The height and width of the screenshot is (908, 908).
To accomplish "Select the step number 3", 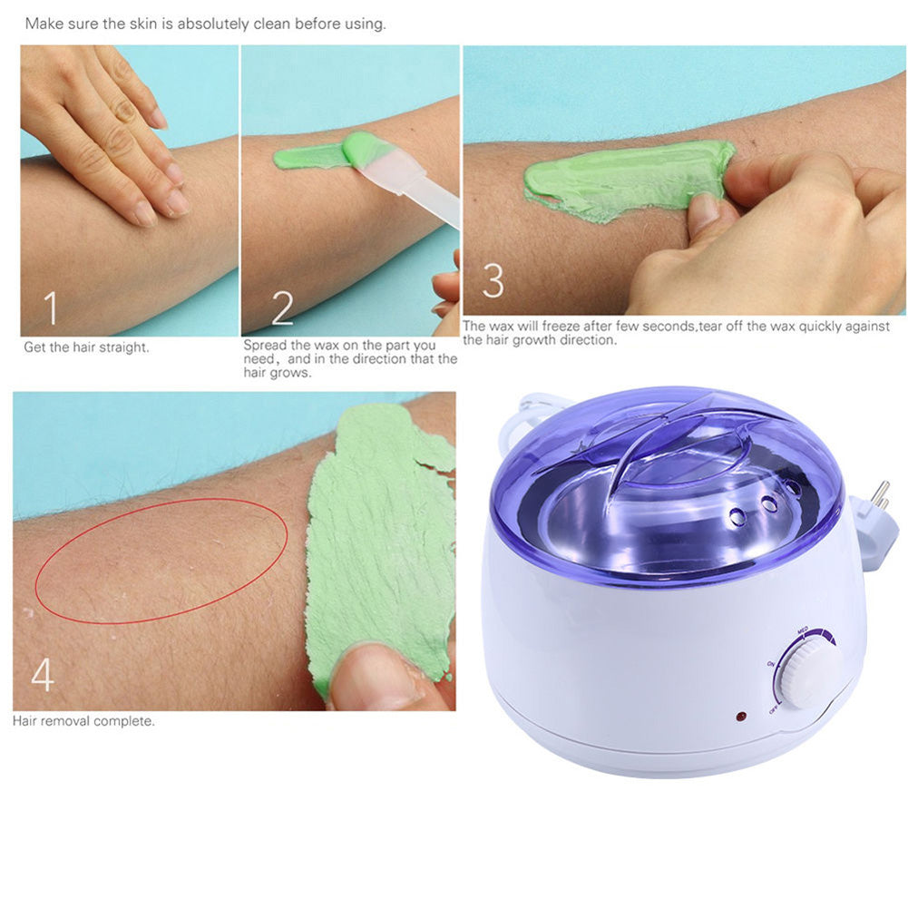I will coord(493,280).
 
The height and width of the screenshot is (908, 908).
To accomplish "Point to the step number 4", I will coord(43,675).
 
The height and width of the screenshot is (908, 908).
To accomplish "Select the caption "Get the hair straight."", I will coord(86,347).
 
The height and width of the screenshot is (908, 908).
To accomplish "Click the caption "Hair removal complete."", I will coord(83,722).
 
